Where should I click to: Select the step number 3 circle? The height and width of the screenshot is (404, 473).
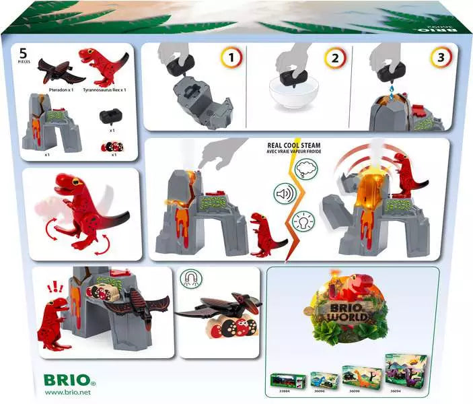point(421,59)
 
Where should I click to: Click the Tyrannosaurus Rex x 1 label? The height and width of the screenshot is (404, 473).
point(104,89)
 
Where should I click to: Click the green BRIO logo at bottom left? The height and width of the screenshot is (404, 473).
point(63,378)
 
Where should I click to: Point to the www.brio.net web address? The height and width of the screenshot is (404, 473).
point(69,393)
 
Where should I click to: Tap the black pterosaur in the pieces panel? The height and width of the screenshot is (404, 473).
point(54,70)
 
